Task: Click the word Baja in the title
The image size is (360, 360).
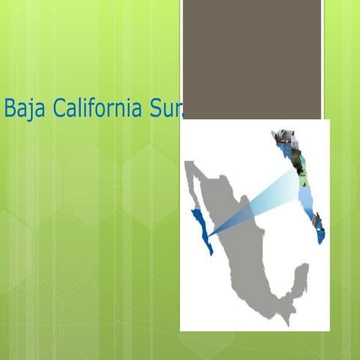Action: click(x=22, y=109)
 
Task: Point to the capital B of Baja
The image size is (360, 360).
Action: click(x=10, y=109)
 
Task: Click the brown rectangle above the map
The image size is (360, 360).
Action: click(x=251, y=58)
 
